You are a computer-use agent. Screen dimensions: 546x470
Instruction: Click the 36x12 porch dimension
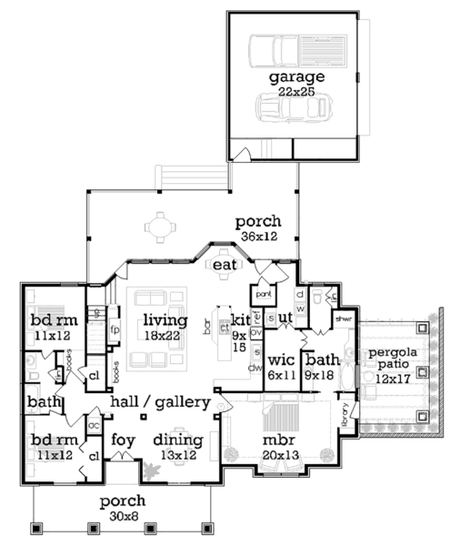[x=258, y=236]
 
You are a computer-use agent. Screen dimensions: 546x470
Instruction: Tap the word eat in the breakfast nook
[x=224, y=264]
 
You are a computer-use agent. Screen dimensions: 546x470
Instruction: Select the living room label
[x=165, y=320]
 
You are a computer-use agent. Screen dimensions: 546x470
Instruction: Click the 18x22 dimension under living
[x=165, y=335]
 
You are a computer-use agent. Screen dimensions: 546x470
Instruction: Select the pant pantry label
[x=263, y=295]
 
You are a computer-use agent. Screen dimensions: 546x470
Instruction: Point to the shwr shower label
[x=344, y=318]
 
